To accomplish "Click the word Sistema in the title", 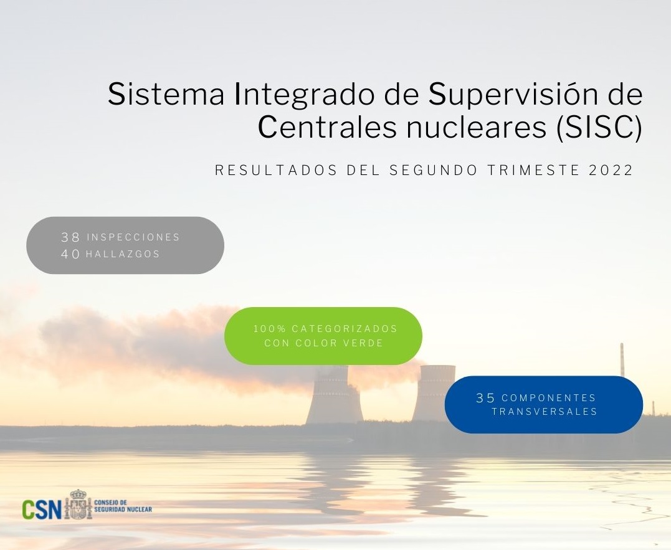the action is click(166, 94).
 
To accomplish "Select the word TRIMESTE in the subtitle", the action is click(533, 170).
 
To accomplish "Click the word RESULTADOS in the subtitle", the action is click(277, 170).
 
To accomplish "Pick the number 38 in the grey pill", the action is click(70, 237).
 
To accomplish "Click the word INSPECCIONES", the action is click(133, 237).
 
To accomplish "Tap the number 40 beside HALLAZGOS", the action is click(70, 254).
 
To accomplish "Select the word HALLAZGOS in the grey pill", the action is click(123, 254).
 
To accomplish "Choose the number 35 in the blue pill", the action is click(486, 398).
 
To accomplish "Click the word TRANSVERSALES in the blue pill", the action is click(545, 412).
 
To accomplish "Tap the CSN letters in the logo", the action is click(42, 509).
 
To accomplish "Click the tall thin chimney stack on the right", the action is click(622, 359).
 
